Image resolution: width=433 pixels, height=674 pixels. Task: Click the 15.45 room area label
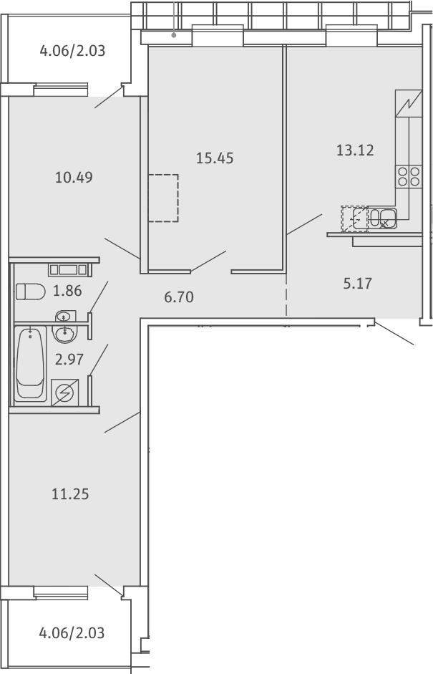(x=215, y=158)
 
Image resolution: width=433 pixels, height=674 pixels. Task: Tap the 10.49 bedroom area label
(x=74, y=177)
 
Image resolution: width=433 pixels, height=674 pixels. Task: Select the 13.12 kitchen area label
(x=355, y=150)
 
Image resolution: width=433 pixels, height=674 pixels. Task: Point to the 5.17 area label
(x=357, y=284)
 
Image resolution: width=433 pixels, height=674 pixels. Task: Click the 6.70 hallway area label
(x=179, y=297)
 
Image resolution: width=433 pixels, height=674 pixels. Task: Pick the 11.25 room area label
(x=70, y=494)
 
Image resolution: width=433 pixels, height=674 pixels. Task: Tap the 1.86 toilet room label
(x=67, y=291)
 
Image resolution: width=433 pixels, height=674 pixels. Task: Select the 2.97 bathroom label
(x=69, y=359)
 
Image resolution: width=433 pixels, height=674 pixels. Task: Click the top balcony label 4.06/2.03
(x=72, y=51)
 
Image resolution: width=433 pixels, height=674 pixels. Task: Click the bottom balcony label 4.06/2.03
(x=72, y=633)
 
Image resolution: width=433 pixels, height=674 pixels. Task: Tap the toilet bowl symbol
(x=31, y=292)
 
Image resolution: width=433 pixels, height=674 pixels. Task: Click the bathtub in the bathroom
(x=30, y=364)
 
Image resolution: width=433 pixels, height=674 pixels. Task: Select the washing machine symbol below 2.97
(x=65, y=393)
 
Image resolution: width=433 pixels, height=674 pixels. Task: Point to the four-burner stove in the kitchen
(x=409, y=177)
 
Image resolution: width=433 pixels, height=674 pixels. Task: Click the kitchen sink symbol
(x=382, y=218)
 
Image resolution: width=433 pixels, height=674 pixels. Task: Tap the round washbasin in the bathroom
(x=65, y=332)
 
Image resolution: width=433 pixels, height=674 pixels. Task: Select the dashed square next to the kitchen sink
(x=355, y=218)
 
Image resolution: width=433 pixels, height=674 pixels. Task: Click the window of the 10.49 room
(x=61, y=90)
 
